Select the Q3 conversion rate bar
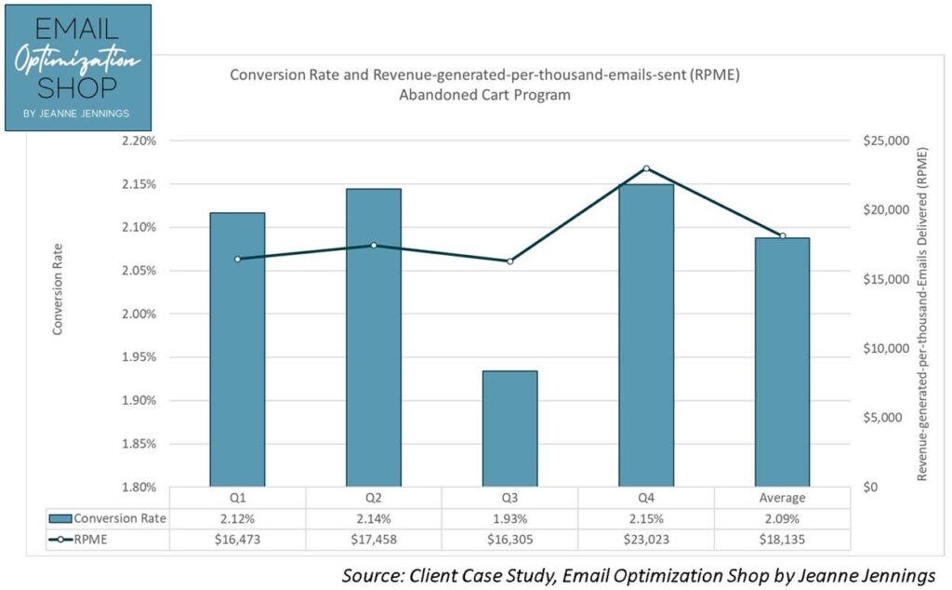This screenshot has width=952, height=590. click(509, 428)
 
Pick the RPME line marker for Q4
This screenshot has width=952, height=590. click(646, 168)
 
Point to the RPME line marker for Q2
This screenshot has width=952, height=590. click(374, 246)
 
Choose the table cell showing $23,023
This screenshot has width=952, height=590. click(646, 539)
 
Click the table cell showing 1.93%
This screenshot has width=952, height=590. click(509, 518)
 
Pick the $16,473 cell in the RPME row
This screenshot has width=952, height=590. click(237, 539)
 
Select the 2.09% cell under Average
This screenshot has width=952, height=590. click(782, 518)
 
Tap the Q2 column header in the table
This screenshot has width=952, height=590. click(374, 498)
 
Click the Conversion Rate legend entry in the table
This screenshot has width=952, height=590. click(119, 518)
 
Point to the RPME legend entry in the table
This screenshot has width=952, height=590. click(90, 539)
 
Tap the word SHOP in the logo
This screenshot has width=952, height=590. click(78, 88)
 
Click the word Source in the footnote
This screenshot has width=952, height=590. click(369, 574)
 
